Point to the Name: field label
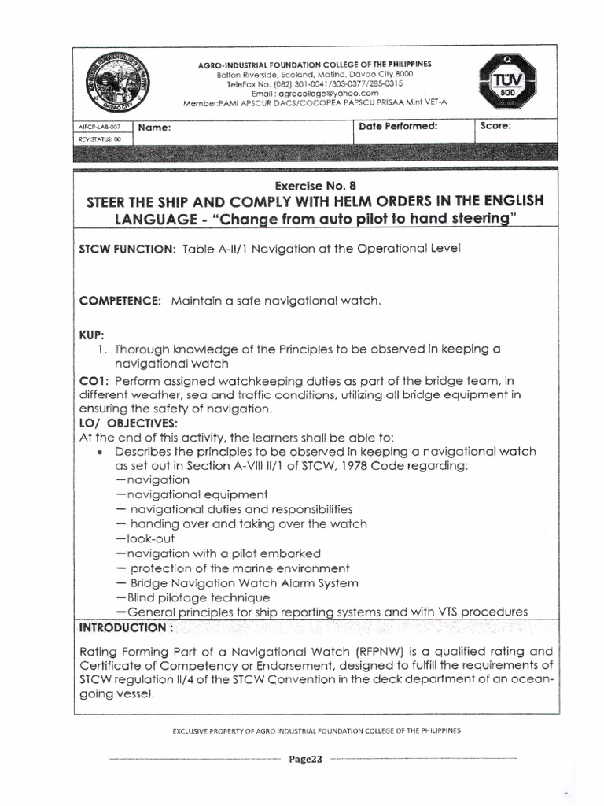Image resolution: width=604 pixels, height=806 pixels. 155,127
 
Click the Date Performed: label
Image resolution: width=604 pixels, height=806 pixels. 397,126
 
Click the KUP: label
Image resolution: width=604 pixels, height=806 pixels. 92,335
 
